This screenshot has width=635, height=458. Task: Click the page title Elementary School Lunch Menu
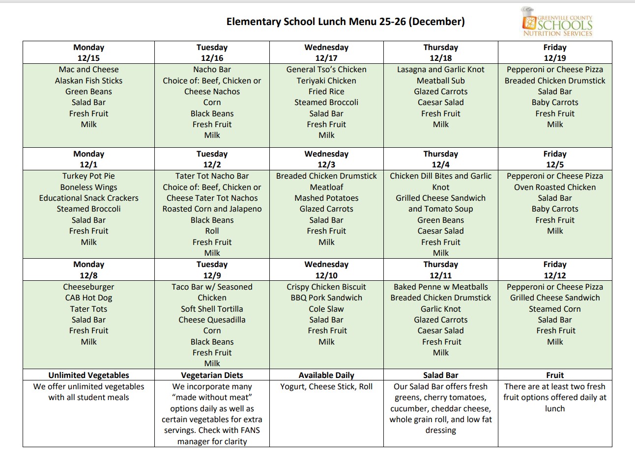click(x=345, y=22)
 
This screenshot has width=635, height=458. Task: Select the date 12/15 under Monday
click(x=88, y=58)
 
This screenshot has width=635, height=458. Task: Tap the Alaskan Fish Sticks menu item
click(x=88, y=81)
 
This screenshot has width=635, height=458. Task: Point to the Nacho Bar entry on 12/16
click(x=212, y=70)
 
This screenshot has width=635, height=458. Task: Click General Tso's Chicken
click(x=326, y=70)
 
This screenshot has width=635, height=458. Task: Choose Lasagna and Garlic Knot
click(x=440, y=70)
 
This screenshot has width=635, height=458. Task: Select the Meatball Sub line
click(x=440, y=81)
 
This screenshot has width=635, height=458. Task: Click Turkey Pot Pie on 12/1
click(x=88, y=176)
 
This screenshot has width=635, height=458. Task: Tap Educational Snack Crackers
click(x=88, y=198)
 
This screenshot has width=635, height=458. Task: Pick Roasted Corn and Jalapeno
click(x=212, y=209)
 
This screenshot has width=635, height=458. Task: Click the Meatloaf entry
click(x=326, y=187)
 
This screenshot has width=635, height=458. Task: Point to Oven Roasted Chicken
click(x=554, y=187)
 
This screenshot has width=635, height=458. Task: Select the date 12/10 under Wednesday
click(x=326, y=275)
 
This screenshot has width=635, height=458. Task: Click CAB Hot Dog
click(x=88, y=297)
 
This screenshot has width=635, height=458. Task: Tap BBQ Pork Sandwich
click(x=326, y=297)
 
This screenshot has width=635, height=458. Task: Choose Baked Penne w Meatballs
click(x=440, y=287)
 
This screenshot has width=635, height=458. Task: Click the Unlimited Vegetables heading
click(x=88, y=375)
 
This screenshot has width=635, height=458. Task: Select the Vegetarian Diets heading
click(x=212, y=375)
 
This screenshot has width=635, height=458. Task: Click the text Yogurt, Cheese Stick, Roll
click(x=326, y=386)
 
